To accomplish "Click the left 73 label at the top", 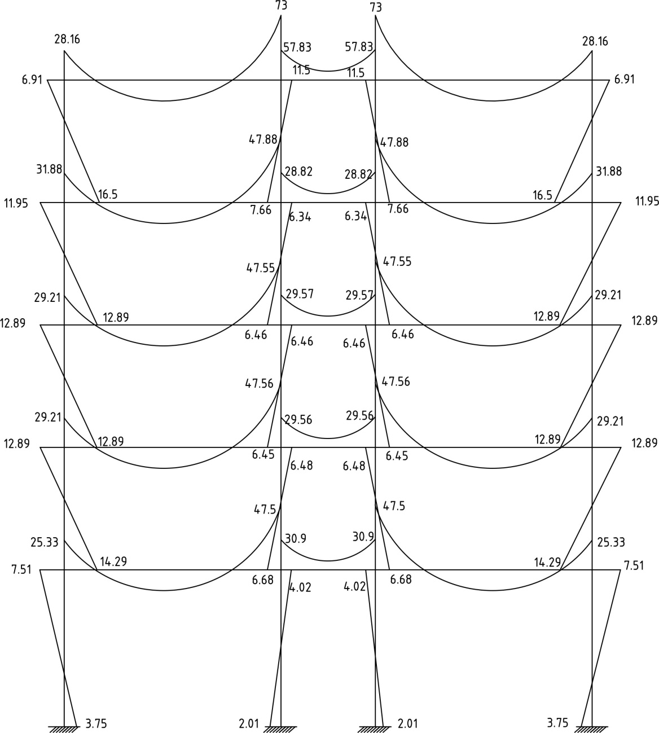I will coord(281,7).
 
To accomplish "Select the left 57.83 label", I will coord(297,47).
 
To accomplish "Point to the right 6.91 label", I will coord(624,80).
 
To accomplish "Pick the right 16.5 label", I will coord(543,195).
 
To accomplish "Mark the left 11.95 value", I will coord(16,203).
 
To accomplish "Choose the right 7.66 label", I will coord(398,209).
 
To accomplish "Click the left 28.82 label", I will coord(298,172).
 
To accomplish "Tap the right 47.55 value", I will coord(397,262).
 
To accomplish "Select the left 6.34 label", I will coord(300,217).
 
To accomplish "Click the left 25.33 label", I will coord(44,543).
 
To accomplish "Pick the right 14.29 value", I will coord(547,562).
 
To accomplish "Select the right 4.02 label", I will coord(354,587).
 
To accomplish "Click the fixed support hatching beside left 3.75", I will coord(63,728).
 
